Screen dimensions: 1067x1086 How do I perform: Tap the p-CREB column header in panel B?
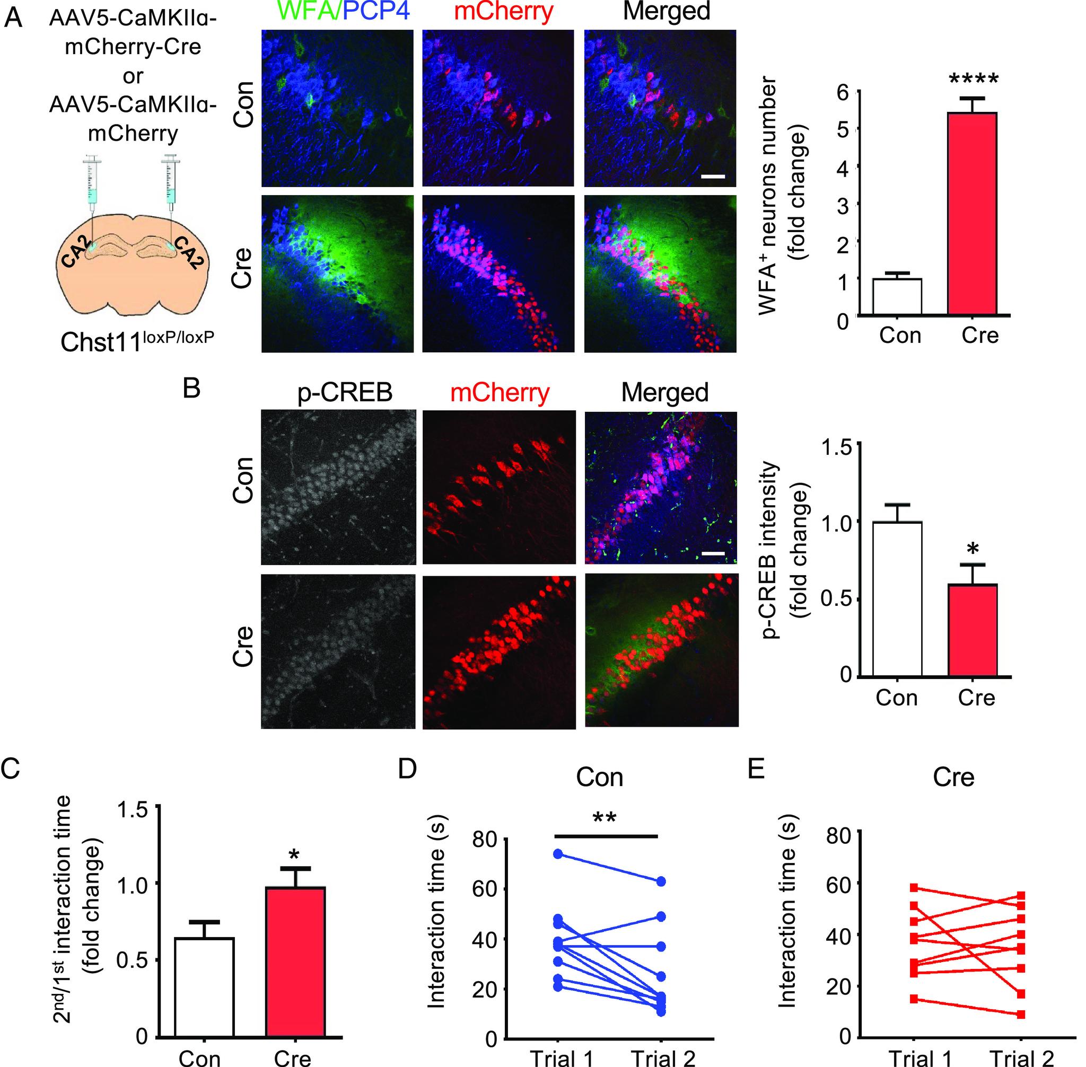[344, 393]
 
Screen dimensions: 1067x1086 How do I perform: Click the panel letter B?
[192, 388]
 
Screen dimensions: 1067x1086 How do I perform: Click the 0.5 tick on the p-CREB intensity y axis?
[836, 598]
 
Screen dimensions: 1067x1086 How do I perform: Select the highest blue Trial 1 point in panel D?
[558, 853]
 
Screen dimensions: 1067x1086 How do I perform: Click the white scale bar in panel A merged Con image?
[713, 177]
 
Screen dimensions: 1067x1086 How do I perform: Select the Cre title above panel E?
[953, 777]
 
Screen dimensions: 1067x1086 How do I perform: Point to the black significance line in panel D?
[606, 835]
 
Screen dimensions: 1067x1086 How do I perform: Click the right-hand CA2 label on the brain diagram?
[186, 252]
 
